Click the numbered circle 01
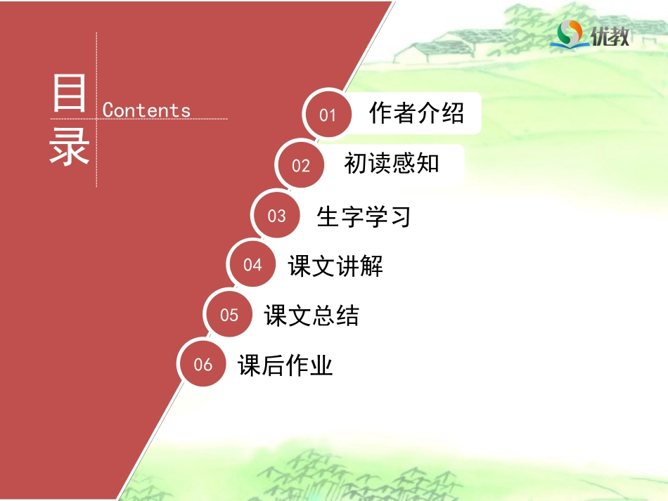[x=328, y=115]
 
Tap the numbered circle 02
[x=301, y=165]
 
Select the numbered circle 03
[x=277, y=216]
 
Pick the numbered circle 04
[x=252, y=265]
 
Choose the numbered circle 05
[x=229, y=315]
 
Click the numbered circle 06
[x=203, y=364]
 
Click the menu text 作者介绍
[x=416, y=113]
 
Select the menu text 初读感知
[x=392, y=164]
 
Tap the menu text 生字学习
[x=364, y=216]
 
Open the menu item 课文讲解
[x=335, y=266]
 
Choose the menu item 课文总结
[x=311, y=315]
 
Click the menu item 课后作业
[x=285, y=365]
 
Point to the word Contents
[x=146, y=110]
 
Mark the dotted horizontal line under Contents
[x=162, y=119]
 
